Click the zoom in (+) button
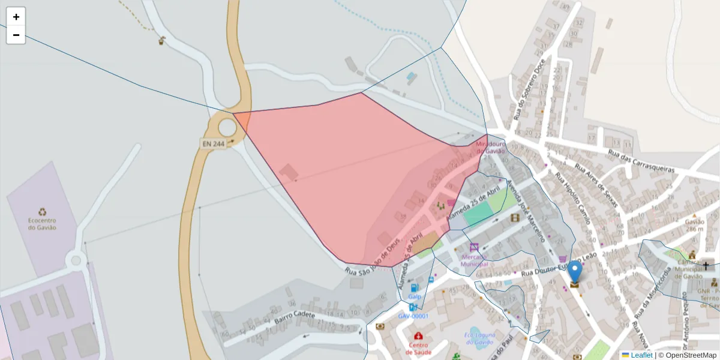click(16, 17)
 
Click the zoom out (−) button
click(16, 35)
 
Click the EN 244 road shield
click(214, 144)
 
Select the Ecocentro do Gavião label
click(42, 224)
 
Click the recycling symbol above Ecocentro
click(42, 211)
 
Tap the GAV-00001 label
click(413, 316)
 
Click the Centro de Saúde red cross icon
click(418, 336)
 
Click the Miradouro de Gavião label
click(490, 148)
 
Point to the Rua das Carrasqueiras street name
click(641, 161)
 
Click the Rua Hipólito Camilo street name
click(572, 199)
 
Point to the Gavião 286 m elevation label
click(694, 224)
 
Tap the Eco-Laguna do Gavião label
click(479, 339)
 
